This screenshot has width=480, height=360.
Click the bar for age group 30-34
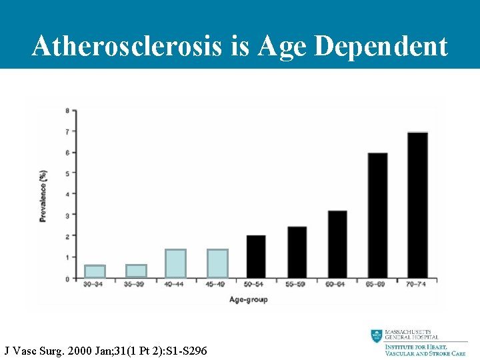point(95,271)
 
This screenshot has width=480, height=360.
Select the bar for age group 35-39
point(136,271)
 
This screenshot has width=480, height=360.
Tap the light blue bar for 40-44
point(175,263)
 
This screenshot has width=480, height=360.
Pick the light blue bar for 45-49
point(217,263)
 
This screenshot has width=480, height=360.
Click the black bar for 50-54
point(256,257)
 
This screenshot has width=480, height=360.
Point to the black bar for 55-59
point(297,253)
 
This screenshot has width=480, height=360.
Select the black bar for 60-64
point(337,245)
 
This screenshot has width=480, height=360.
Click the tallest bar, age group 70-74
point(417,205)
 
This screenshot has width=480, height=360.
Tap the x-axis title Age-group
point(248,300)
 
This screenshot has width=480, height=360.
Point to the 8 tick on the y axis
point(66,110)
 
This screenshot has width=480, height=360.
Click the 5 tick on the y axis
point(66,173)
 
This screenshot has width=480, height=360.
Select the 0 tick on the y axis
point(66,279)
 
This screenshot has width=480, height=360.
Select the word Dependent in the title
point(381,46)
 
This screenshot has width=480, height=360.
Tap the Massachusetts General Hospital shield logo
point(377,337)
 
